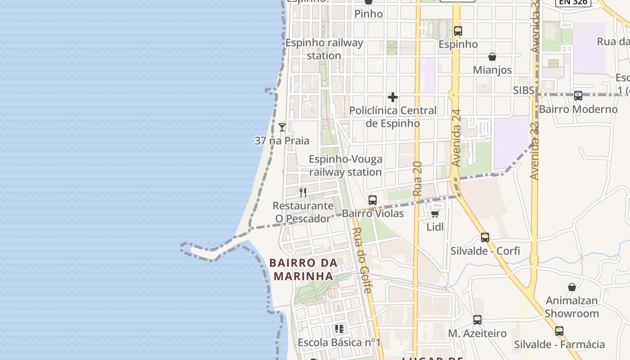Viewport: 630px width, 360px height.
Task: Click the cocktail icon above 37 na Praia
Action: [282, 127]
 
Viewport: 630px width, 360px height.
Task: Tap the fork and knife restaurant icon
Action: [303, 193]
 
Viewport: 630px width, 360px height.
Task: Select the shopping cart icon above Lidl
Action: [435, 214]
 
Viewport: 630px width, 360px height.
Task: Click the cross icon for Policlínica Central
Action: [393, 97]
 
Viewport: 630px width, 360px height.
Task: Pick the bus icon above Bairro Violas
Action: [373, 200]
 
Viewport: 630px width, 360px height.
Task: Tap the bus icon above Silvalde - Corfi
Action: [485, 238]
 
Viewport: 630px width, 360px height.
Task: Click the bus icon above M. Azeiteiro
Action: [477, 320]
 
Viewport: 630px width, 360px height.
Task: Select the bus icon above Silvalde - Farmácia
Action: [559, 331]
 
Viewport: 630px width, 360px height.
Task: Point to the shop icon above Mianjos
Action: [492, 57]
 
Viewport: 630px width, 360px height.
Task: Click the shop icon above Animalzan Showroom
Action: [572, 287]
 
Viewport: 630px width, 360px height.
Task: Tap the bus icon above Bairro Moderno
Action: [578, 96]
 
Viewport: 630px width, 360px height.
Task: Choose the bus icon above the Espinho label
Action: [458, 31]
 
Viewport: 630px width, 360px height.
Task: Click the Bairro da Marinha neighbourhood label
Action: [303, 269]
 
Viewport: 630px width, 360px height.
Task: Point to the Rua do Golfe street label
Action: [363, 260]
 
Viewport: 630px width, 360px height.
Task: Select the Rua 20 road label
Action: [417, 178]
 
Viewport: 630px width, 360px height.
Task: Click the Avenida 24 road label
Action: [457, 138]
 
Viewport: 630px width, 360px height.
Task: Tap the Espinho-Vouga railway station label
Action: [345, 166]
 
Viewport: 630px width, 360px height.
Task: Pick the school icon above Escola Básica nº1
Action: [339, 329]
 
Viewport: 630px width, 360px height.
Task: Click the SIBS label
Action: [524, 90]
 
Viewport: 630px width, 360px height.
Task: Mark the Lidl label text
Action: [435, 227]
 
